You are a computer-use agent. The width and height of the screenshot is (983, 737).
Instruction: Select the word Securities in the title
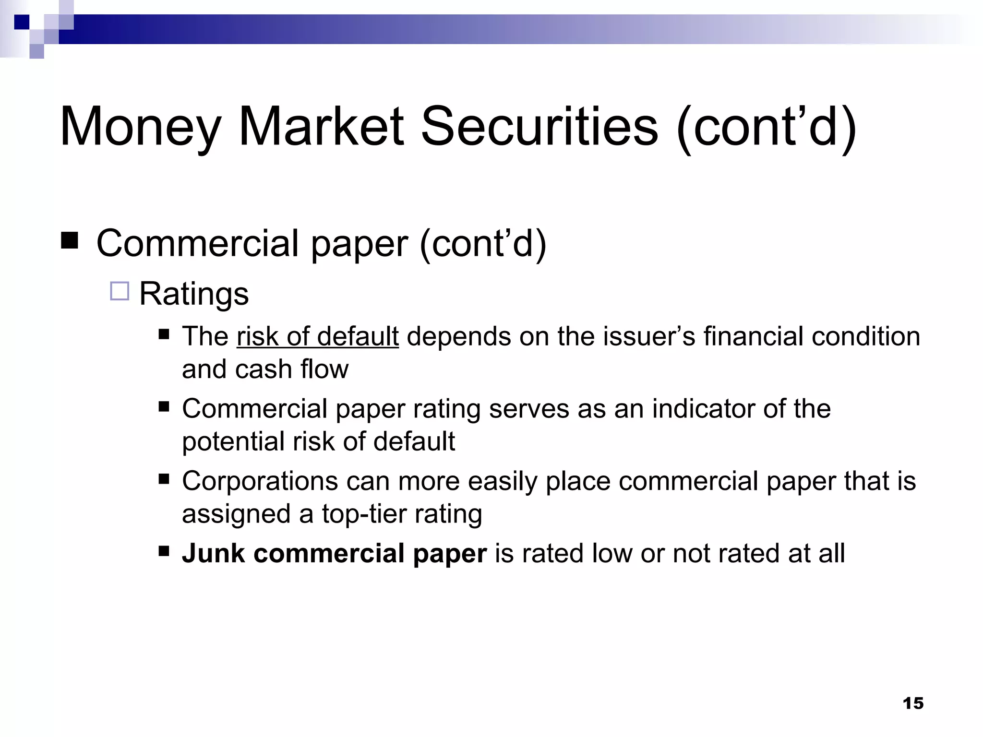click(x=539, y=127)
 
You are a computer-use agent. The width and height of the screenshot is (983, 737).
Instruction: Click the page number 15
click(x=913, y=703)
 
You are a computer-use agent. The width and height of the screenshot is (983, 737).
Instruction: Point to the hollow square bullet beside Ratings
click(x=120, y=291)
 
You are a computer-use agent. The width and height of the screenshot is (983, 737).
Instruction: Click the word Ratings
click(x=194, y=294)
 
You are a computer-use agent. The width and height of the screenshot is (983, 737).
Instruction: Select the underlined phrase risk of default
click(x=317, y=336)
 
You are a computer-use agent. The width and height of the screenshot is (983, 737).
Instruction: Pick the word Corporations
click(x=260, y=481)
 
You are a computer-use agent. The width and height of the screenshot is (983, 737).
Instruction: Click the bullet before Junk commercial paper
click(x=164, y=550)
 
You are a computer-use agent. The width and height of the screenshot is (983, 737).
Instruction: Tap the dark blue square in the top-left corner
click(x=22, y=22)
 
